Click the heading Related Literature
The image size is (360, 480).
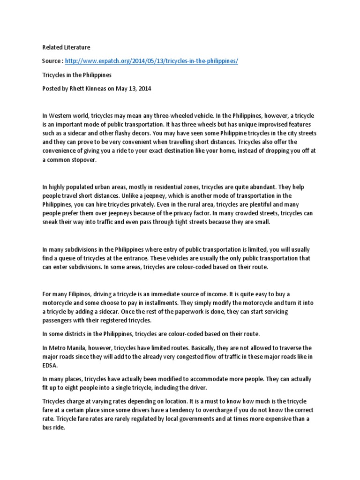pyautogui.click(x=66, y=47)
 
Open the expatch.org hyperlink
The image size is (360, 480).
pyautogui.click(x=151, y=61)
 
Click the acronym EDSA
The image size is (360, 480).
pyautogui.click(x=50, y=365)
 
